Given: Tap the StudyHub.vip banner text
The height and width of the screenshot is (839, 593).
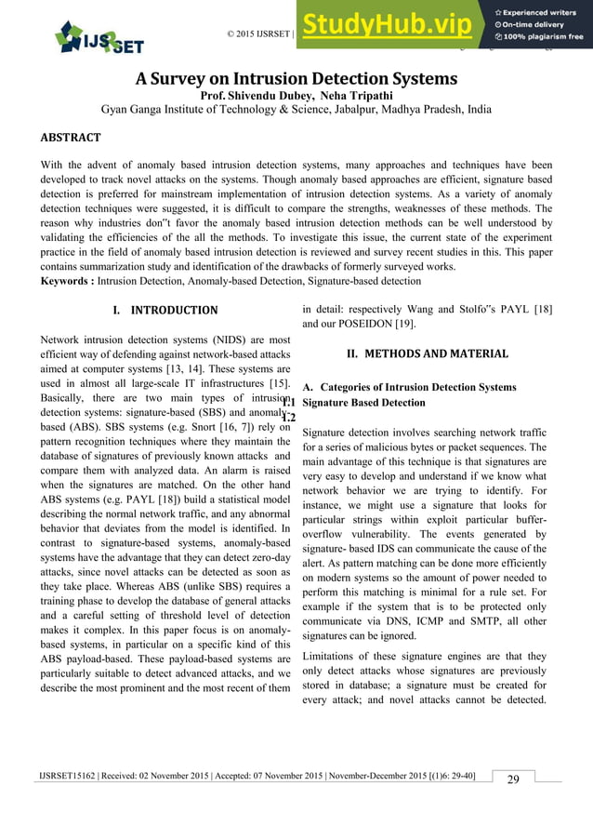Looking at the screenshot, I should click(390, 25).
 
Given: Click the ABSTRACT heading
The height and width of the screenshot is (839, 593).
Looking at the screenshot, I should click(71, 138).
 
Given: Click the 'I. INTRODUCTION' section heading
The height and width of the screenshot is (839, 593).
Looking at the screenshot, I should click(164, 310).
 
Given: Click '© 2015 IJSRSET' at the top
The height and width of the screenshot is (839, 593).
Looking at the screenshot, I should click(259, 34).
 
